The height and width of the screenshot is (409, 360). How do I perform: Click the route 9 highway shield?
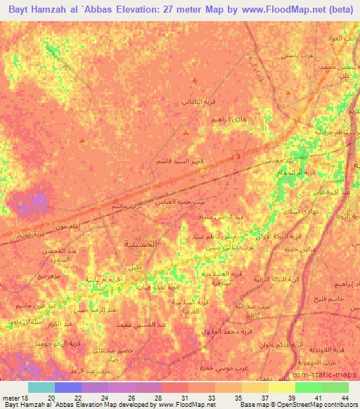238,155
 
